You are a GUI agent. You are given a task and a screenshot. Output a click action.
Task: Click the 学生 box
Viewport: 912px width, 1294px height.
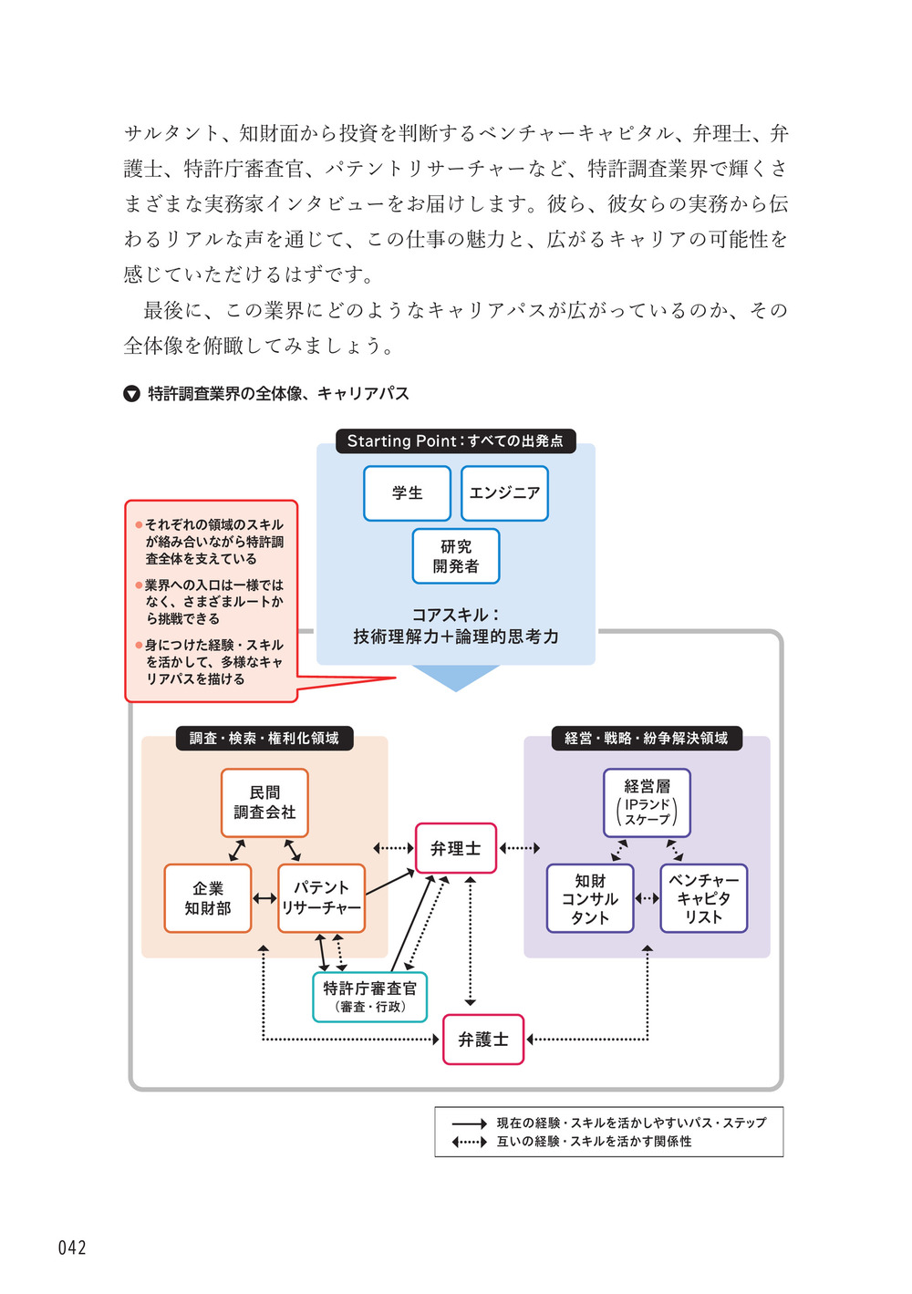[407, 493]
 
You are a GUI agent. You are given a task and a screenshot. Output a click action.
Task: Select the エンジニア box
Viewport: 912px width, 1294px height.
[504, 493]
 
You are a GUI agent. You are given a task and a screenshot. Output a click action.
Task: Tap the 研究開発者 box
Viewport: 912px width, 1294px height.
[456, 556]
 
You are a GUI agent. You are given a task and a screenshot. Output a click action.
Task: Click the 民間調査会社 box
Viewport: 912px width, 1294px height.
[264, 802]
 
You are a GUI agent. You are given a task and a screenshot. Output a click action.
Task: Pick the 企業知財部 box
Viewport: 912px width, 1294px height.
[208, 898]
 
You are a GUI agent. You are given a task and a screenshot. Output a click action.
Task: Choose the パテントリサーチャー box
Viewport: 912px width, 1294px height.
[321, 898]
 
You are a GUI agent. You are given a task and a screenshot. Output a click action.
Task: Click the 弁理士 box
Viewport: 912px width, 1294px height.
[456, 848]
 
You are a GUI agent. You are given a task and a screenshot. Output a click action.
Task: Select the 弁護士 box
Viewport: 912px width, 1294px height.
[483, 1040]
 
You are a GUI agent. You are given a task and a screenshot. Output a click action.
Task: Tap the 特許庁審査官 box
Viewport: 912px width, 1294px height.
[369, 997]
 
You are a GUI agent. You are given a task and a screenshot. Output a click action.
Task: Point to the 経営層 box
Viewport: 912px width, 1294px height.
[647, 802]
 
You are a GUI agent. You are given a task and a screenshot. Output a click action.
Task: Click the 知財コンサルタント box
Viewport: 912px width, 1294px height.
[590, 898]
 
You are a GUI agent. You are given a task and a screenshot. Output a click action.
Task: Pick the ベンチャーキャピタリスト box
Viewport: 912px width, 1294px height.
[703, 898]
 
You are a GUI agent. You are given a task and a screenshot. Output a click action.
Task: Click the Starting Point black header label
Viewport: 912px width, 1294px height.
[455, 441]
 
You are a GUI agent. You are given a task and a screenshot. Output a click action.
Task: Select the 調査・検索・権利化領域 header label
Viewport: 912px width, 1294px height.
[264, 738]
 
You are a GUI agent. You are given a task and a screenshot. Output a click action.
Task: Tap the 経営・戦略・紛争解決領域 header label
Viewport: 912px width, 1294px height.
[647, 738]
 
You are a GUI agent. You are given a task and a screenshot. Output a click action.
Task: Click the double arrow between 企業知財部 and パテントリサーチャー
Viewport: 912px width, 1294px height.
[264, 898]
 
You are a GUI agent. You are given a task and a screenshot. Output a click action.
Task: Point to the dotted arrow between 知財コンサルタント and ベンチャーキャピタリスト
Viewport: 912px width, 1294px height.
[647, 898]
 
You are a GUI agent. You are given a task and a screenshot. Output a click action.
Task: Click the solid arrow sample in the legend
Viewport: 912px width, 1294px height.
[470, 1123]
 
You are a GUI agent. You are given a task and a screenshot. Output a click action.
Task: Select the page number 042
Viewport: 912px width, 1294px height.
[72, 1247]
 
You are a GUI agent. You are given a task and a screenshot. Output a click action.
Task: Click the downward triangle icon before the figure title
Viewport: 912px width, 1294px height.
[131, 394]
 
